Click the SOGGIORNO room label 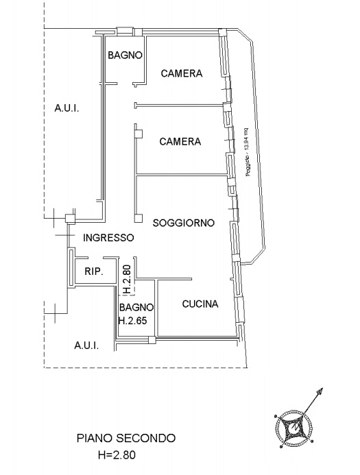(184, 223)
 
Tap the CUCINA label (200, 304)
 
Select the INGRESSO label (108, 237)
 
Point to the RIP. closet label (94, 271)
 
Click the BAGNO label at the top (125, 55)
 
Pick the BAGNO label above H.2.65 (136, 307)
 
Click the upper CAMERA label (182, 73)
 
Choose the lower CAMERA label (180, 141)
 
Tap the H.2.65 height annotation (132, 321)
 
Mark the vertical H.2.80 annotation (128, 279)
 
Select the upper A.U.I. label (67, 108)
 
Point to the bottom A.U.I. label (86, 345)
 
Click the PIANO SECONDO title (126, 438)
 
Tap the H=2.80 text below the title (117, 454)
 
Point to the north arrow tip (322, 388)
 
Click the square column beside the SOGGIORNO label (139, 218)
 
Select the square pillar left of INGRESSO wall (71, 219)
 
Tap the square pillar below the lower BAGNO (152, 340)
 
